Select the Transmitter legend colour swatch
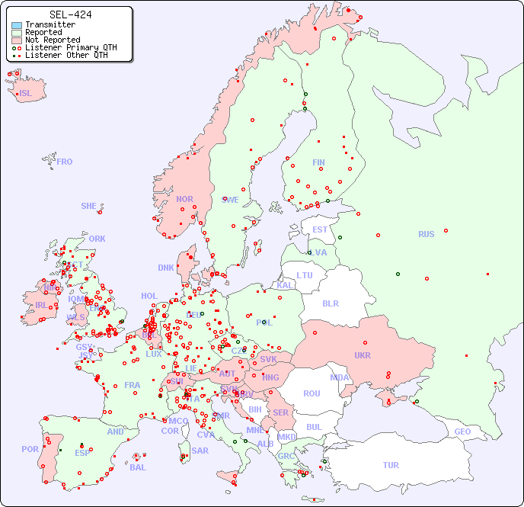tap(16, 25)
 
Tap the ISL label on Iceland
tap(26, 94)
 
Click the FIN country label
tap(318, 162)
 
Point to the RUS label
tap(426, 234)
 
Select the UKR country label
tap(362, 355)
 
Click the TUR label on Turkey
tap(391, 465)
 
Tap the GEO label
tap(462, 432)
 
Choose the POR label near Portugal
tap(30, 449)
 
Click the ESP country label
tap(82, 452)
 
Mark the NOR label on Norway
tap(184, 199)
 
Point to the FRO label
tap(65, 162)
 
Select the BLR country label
tap(330, 303)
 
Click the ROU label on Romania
tap(312, 393)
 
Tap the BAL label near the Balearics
tap(137, 467)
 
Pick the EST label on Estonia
tap(320, 229)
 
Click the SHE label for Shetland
tap(88, 206)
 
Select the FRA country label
tap(133, 385)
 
